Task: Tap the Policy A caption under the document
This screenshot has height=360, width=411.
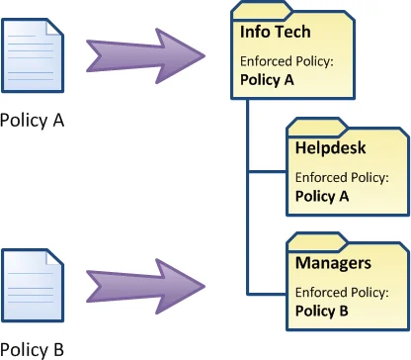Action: click(x=33, y=122)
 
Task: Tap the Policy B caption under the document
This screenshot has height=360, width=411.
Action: click(x=33, y=349)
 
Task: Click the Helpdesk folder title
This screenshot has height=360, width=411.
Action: click(x=329, y=148)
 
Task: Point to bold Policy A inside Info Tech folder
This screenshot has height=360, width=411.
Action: click(x=268, y=79)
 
